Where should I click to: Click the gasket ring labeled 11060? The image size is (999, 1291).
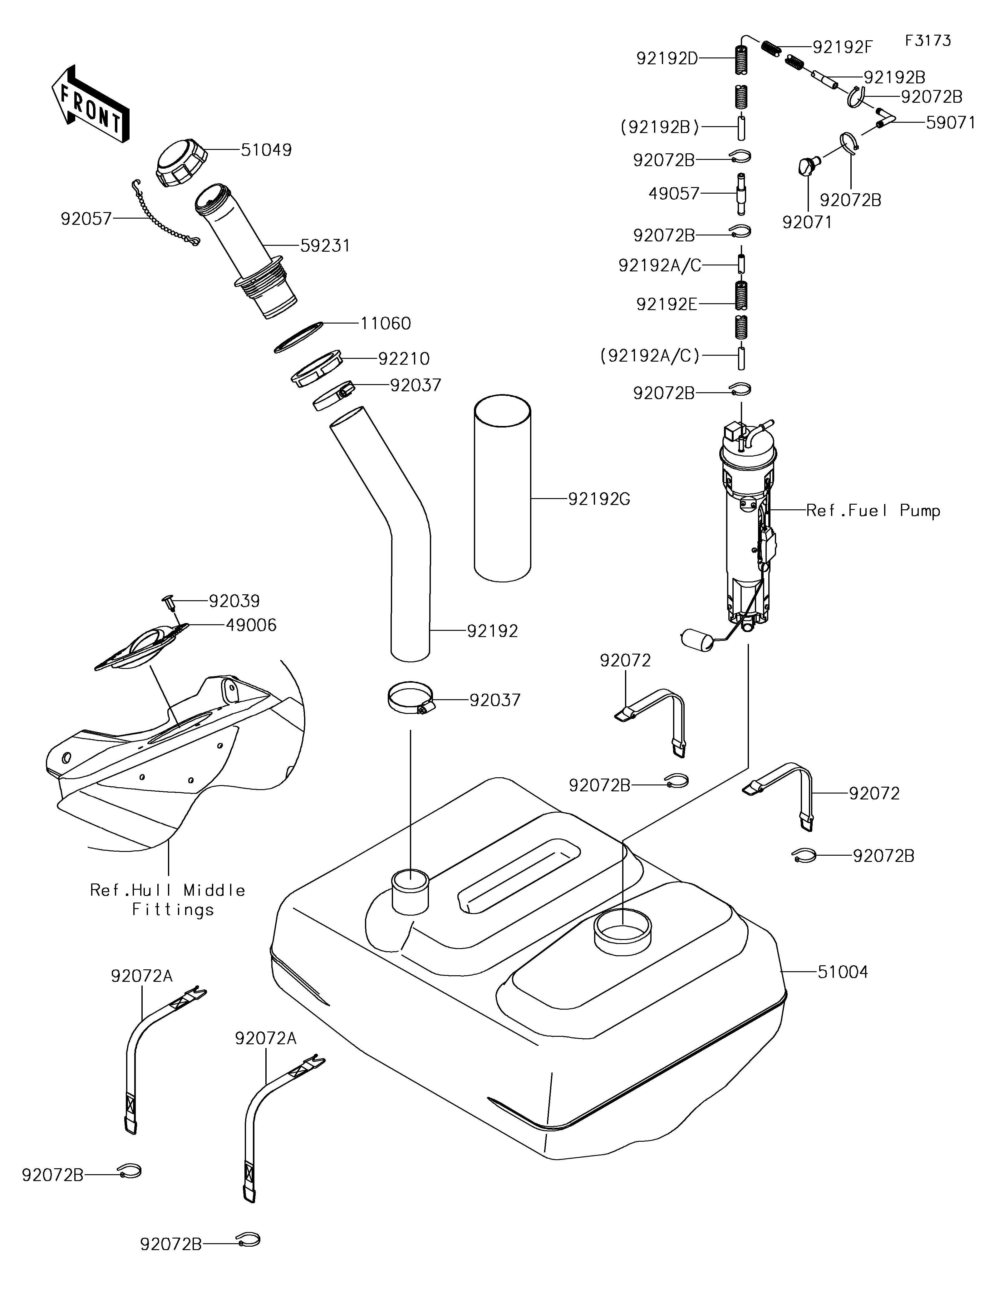(x=299, y=338)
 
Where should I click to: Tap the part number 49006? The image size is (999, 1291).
(x=251, y=625)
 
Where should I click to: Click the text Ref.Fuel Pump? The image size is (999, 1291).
(x=873, y=511)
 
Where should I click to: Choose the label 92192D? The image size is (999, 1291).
(x=667, y=58)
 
